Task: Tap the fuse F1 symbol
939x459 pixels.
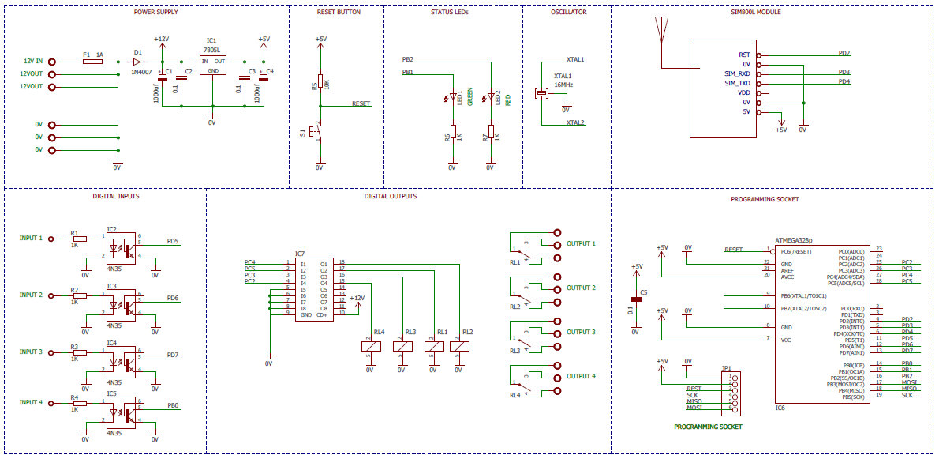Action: pyautogui.click(x=92, y=61)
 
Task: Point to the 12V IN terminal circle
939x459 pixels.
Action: pyautogui.click(x=52, y=61)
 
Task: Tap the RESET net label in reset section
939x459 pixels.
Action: pyautogui.click(x=361, y=104)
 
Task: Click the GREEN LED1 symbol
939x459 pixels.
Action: pyautogui.click(x=452, y=99)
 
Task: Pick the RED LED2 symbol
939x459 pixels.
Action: pyautogui.click(x=490, y=99)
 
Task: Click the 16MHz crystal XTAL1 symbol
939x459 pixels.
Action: pyautogui.click(x=541, y=94)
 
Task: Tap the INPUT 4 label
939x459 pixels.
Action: pyautogui.click(x=31, y=402)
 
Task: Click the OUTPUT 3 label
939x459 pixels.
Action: pyautogui.click(x=581, y=333)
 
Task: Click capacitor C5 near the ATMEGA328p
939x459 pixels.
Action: pyautogui.click(x=636, y=300)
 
